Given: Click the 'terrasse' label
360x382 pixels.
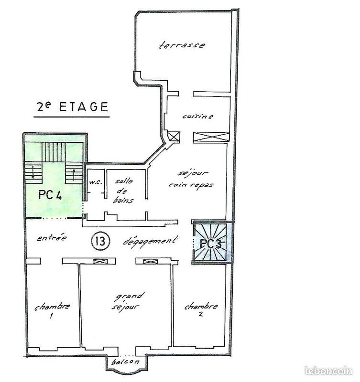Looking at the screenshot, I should [182, 45].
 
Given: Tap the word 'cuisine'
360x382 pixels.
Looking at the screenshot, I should [197, 116].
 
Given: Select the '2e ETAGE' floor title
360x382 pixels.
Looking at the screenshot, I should [72, 107].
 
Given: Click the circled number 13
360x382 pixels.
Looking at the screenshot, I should [101, 241].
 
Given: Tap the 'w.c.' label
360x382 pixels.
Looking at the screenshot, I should [94, 182].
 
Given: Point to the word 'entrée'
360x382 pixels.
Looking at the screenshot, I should [52, 238].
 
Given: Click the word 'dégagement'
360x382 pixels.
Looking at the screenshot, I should [151, 241].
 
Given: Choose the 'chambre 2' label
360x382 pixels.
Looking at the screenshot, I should [201, 310].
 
